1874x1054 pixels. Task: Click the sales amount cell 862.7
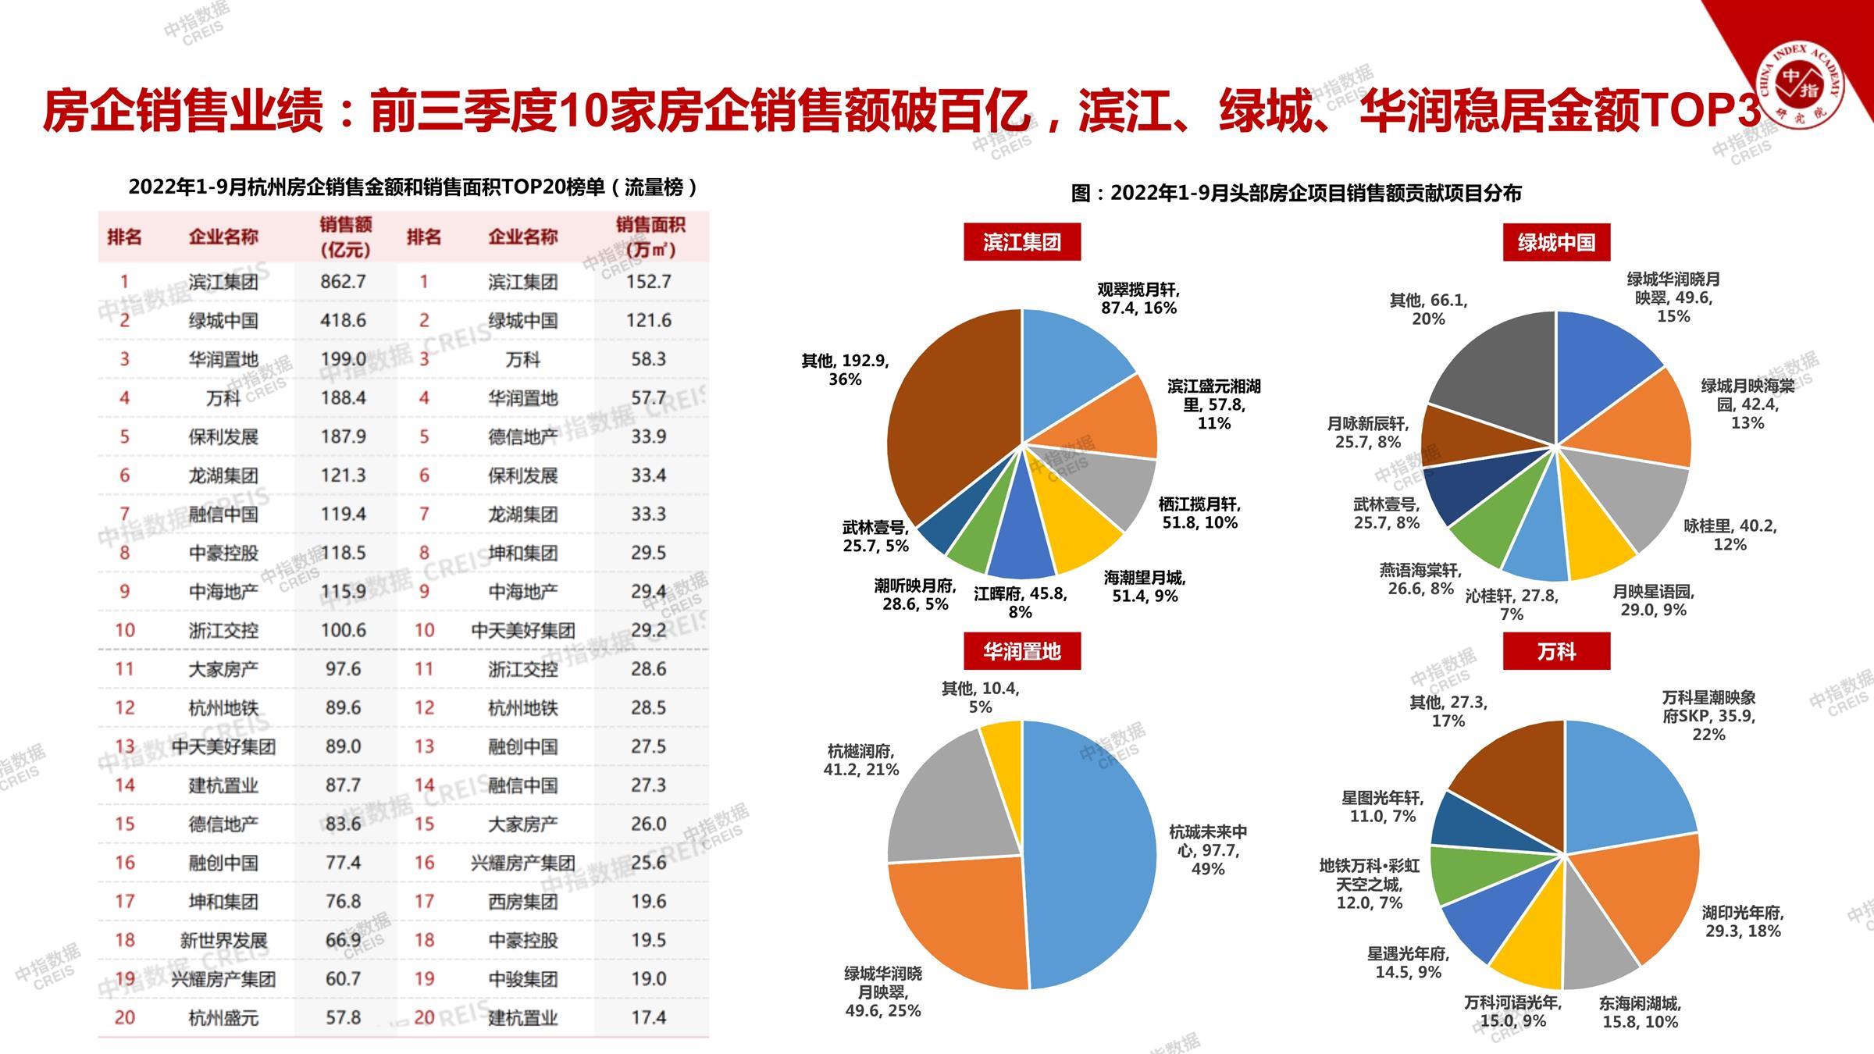pyautogui.click(x=344, y=281)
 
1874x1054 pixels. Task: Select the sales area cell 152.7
pyautogui.click(x=649, y=281)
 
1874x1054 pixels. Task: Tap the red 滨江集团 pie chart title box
pyautogui.click(x=1022, y=242)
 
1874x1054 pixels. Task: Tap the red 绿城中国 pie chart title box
pyautogui.click(x=1556, y=242)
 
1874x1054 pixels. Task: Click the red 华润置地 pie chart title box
pyautogui.click(x=1022, y=651)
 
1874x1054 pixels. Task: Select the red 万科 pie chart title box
pyautogui.click(x=1556, y=651)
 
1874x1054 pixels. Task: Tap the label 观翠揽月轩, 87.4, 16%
pyautogui.click(x=1138, y=298)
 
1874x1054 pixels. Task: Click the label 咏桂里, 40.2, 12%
pyautogui.click(x=1730, y=535)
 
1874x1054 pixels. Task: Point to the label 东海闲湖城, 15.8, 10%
pyautogui.click(x=1640, y=1012)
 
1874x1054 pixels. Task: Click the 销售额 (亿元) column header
pyautogui.click(x=345, y=237)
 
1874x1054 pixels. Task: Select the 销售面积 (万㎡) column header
pyautogui.click(x=650, y=237)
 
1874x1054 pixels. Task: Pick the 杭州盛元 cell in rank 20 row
pyautogui.click(x=223, y=1017)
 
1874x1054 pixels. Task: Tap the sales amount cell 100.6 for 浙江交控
pyautogui.click(x=344, y=630)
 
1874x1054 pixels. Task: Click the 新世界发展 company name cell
pyautogui.click(x=223, y=940)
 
